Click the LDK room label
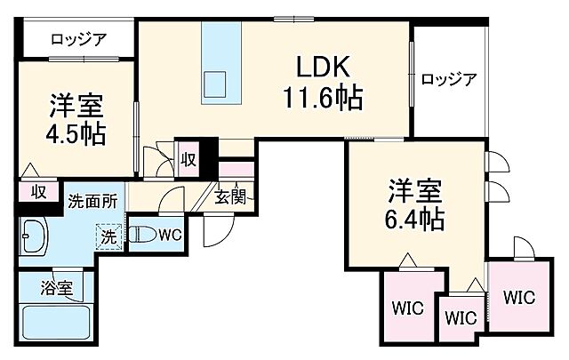[323, 68]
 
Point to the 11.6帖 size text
[323, 96]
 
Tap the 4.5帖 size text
[76, 133]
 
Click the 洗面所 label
[92, 200]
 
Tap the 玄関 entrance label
[228, 197]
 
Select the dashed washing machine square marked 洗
[107, 238]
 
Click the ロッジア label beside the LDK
[449, 78]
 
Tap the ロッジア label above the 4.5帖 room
[78, 38]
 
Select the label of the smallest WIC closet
[460, 317]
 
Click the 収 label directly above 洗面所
[39, 190]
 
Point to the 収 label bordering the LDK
[189, 159]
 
